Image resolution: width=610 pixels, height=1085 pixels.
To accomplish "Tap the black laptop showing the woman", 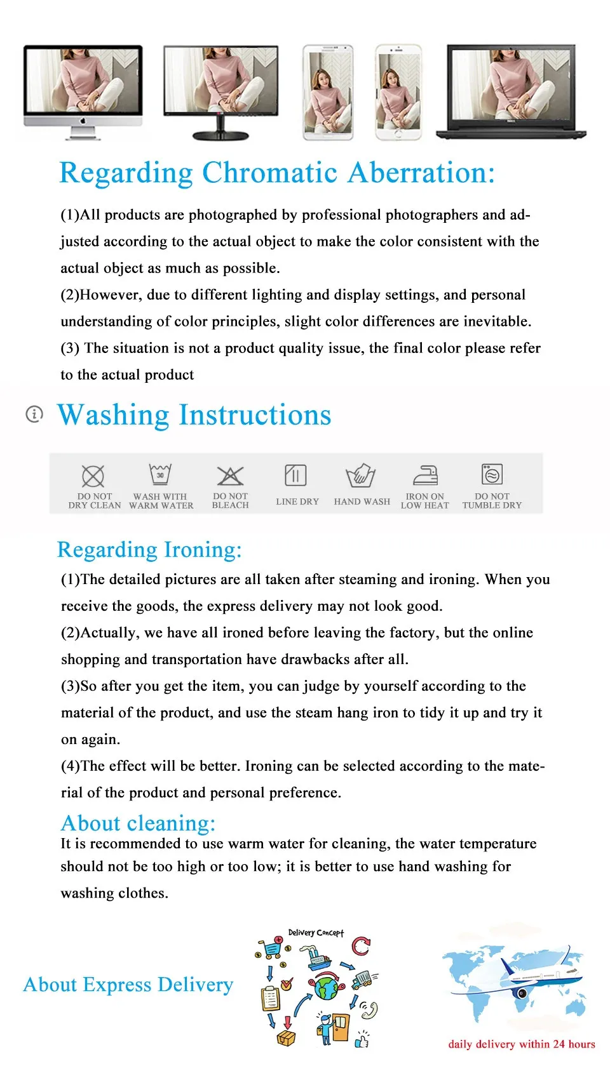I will pos(512,90).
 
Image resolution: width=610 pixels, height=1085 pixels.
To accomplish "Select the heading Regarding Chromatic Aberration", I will pos(276,173).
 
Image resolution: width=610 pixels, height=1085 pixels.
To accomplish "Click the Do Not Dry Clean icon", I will pos(93,476).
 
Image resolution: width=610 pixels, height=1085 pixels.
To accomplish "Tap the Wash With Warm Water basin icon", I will pos(160,474).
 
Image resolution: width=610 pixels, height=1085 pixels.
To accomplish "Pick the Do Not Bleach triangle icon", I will pos(230,476).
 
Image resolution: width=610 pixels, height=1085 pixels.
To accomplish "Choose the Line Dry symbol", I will pos(295,475).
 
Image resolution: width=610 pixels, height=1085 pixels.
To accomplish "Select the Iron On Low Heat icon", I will pos(425,475).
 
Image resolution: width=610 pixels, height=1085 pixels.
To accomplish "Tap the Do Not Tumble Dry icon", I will pos(492,474).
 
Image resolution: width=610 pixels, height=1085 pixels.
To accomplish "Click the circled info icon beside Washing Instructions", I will pos(34,414).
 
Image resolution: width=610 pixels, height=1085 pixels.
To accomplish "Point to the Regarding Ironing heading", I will pos(149,550).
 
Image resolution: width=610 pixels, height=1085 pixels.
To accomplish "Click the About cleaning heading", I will pos(138,823).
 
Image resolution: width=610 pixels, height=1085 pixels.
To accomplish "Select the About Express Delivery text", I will pos(128,985).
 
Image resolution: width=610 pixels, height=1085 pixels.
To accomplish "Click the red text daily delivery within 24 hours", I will pos(522,1044).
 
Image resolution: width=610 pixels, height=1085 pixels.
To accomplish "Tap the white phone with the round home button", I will pos(398,92).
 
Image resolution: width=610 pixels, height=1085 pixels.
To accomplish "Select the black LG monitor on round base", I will pos(220,90).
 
